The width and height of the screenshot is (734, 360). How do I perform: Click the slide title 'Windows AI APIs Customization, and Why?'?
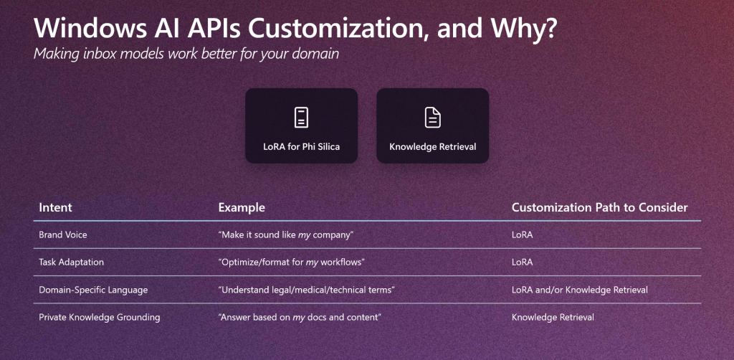tap(295, 29)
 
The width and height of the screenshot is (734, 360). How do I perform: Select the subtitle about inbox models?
tap(186, 54)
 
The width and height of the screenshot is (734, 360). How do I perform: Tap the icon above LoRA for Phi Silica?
tap(302, 118)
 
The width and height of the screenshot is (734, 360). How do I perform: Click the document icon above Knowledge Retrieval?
tap(432, 118)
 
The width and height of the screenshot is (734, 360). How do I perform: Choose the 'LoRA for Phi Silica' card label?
tap(302, 147)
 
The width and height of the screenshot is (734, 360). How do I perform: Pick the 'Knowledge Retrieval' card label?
tap(432, 147)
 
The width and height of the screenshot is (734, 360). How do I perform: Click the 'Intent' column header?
tap(55, 207)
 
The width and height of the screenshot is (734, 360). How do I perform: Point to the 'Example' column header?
tap(242, 207)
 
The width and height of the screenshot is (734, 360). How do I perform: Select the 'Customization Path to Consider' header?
tap(600, 207)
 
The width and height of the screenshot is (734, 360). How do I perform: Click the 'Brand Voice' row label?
tap(63, 235)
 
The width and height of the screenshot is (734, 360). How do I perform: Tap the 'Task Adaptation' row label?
tap(71, 262)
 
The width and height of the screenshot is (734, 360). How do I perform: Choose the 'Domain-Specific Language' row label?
tap(93, 290)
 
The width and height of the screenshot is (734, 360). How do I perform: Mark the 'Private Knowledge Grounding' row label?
tap(99, 318)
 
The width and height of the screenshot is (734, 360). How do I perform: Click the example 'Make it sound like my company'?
tap(285, 235)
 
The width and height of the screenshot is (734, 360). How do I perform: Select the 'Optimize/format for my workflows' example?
tap(291, 262)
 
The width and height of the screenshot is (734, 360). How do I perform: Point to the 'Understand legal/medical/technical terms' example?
tap(307, 290)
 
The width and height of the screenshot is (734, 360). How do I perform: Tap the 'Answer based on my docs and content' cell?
tap(300, 318)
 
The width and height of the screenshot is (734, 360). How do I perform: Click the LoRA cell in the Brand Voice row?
tap(522, 235)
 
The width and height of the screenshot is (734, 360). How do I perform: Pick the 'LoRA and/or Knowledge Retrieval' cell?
tap(579, 290)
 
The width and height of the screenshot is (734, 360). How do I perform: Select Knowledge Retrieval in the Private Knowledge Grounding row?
tap(553, 318)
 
